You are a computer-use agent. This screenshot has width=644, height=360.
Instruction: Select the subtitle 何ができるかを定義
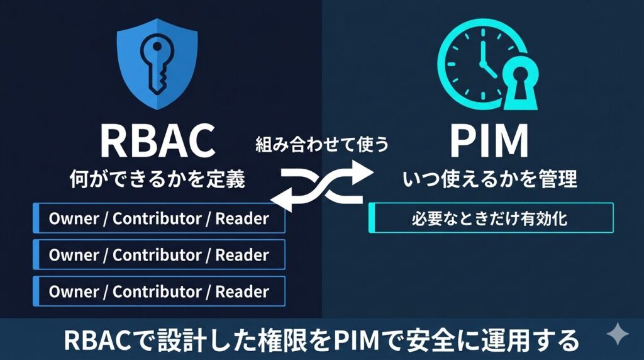pyautogui.click(x=157, y=179)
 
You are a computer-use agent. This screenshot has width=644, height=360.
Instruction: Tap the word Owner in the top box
pyautogui.click(x=74, y=219)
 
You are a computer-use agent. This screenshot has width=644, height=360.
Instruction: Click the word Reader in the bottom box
pyautogui.click(x=242, y=292)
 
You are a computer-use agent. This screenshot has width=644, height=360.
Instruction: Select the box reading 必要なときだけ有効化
pyautogui.click(x=491, y=218)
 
